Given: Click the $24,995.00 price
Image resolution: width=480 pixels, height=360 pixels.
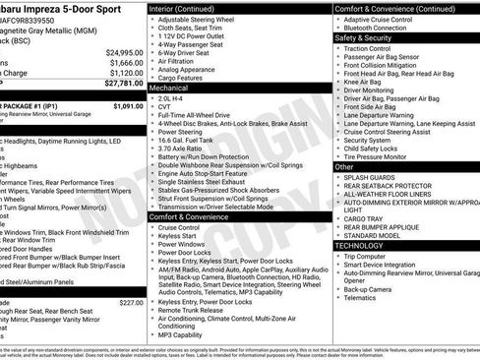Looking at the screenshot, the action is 124,52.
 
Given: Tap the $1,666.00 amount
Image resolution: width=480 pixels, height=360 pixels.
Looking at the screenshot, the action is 126,62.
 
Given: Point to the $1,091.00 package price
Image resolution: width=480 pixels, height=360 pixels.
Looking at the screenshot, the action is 128,105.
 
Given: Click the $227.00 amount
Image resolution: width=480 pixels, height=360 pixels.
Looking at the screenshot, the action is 131,303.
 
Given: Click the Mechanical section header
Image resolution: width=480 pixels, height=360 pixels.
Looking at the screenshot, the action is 169,88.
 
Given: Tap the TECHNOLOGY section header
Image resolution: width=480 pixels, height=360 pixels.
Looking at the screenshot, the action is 361,246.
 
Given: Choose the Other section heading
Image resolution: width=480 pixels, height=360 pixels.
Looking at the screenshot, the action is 345,167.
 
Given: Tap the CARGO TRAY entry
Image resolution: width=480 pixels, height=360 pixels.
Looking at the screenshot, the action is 365,219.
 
